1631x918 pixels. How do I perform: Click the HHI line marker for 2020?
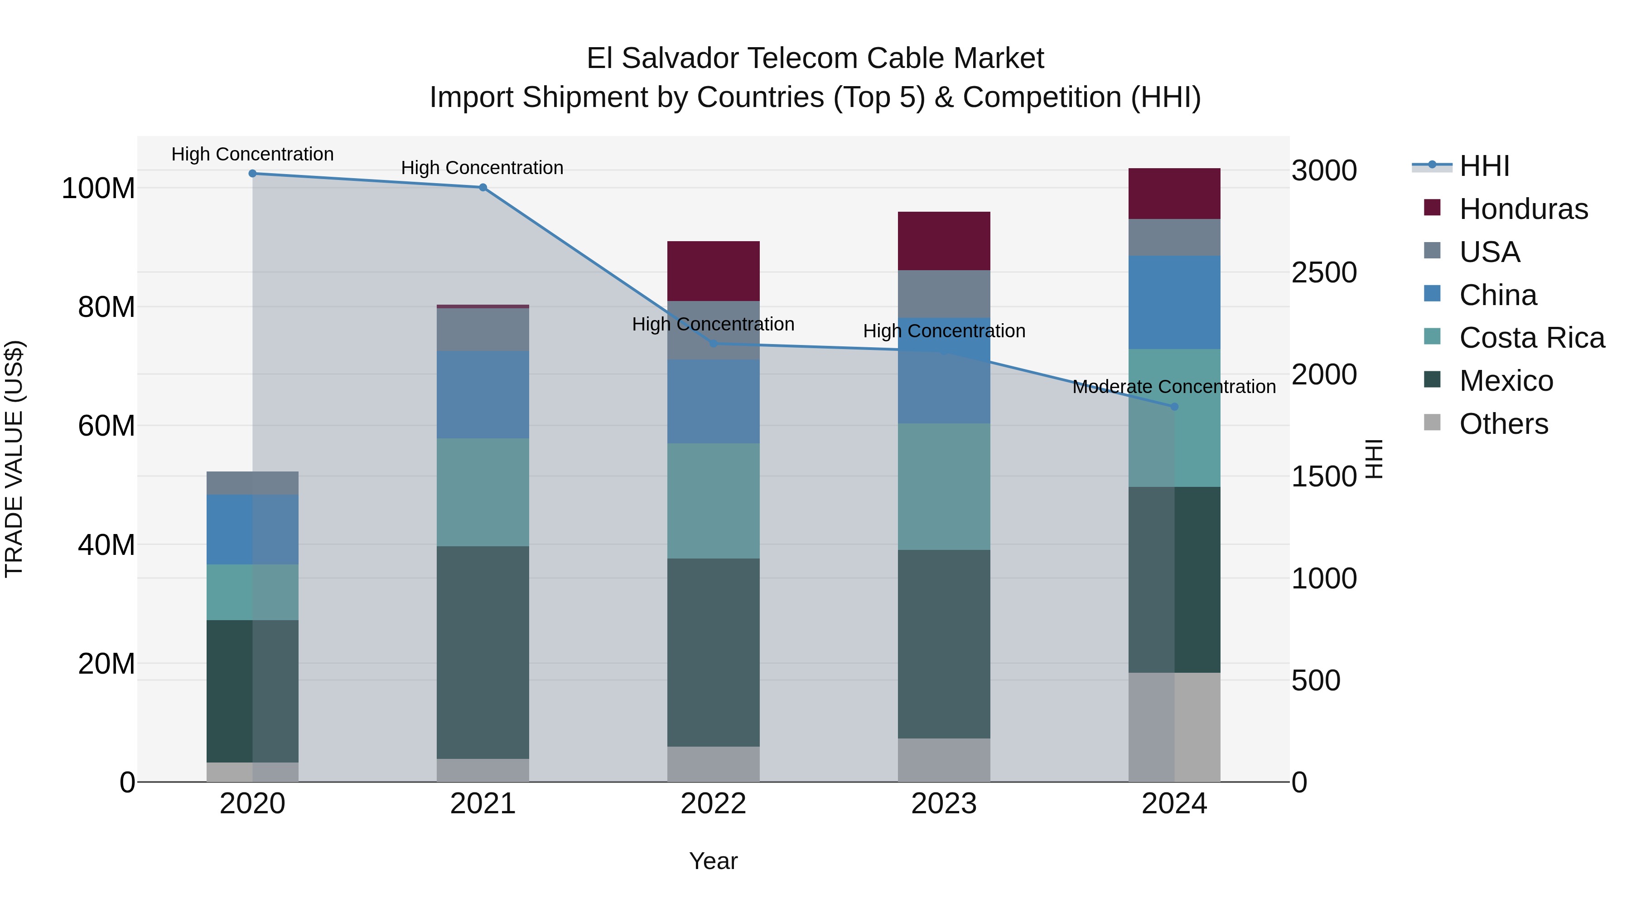(x=253, y=173)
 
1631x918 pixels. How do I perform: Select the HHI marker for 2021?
(x=483, y=188)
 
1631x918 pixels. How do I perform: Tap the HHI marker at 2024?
(x=1174, y=407)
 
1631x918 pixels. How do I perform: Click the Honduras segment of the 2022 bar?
(x=714, y=271)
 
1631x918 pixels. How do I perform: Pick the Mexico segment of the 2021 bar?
(x=483, y=652)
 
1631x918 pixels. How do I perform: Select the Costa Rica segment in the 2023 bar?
(x=944, y=486)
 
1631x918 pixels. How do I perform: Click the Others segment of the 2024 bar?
(x=1174, y=727)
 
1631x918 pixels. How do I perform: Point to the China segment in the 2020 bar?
(x=253, y=529)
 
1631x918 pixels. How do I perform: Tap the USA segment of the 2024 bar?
(x=1174, y=237)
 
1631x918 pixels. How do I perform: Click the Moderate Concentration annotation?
(x=1174, y=386)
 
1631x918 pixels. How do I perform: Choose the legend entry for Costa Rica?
(x=1532, y=338)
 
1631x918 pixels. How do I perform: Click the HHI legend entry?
(x=1484, y=166)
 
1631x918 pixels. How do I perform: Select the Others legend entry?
(x=1503, y=424)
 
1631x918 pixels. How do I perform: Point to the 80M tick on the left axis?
(x=106, y=307)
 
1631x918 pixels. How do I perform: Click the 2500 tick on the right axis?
(x=1324, y=272)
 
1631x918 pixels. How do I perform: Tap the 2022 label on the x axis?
(x=714, y=804)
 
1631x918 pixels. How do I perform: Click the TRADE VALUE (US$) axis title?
(x=14, y=459)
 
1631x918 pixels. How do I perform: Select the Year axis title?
(x=714, y=861)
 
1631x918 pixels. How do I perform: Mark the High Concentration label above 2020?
(x=253, y=154)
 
